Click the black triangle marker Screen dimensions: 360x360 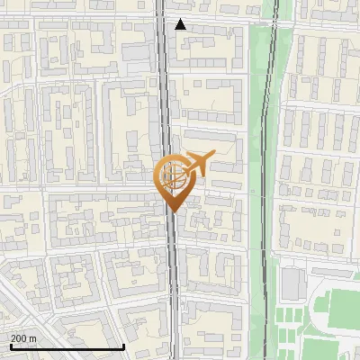click(181, 24)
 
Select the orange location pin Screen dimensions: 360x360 click(174, 181)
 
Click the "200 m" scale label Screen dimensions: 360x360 click(23, 338)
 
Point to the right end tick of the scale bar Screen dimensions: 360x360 click(122, 345)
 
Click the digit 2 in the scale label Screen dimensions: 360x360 click(13, 338)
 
